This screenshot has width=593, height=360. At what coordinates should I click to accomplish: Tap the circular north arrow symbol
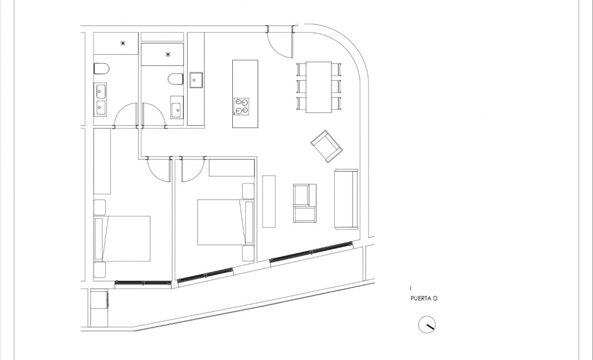427,325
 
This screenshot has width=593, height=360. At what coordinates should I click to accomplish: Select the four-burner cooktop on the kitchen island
241,106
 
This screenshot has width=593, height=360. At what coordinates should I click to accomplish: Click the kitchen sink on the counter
196,80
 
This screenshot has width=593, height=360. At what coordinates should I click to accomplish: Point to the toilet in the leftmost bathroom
101,69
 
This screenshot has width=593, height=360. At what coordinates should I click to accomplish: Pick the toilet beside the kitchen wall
175,80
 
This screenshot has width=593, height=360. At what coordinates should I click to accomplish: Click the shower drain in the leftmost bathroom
123,43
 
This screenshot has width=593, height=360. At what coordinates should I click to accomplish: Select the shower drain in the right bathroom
168,54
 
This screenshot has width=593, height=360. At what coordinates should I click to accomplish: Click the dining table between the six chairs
319,87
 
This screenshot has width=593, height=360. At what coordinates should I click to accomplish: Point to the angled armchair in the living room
326,146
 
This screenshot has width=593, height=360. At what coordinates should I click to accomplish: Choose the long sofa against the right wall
346,199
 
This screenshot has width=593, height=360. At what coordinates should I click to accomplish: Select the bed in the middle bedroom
221,222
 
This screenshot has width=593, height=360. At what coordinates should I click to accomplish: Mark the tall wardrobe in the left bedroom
103,161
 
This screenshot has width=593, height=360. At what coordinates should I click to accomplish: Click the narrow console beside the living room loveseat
269,201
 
